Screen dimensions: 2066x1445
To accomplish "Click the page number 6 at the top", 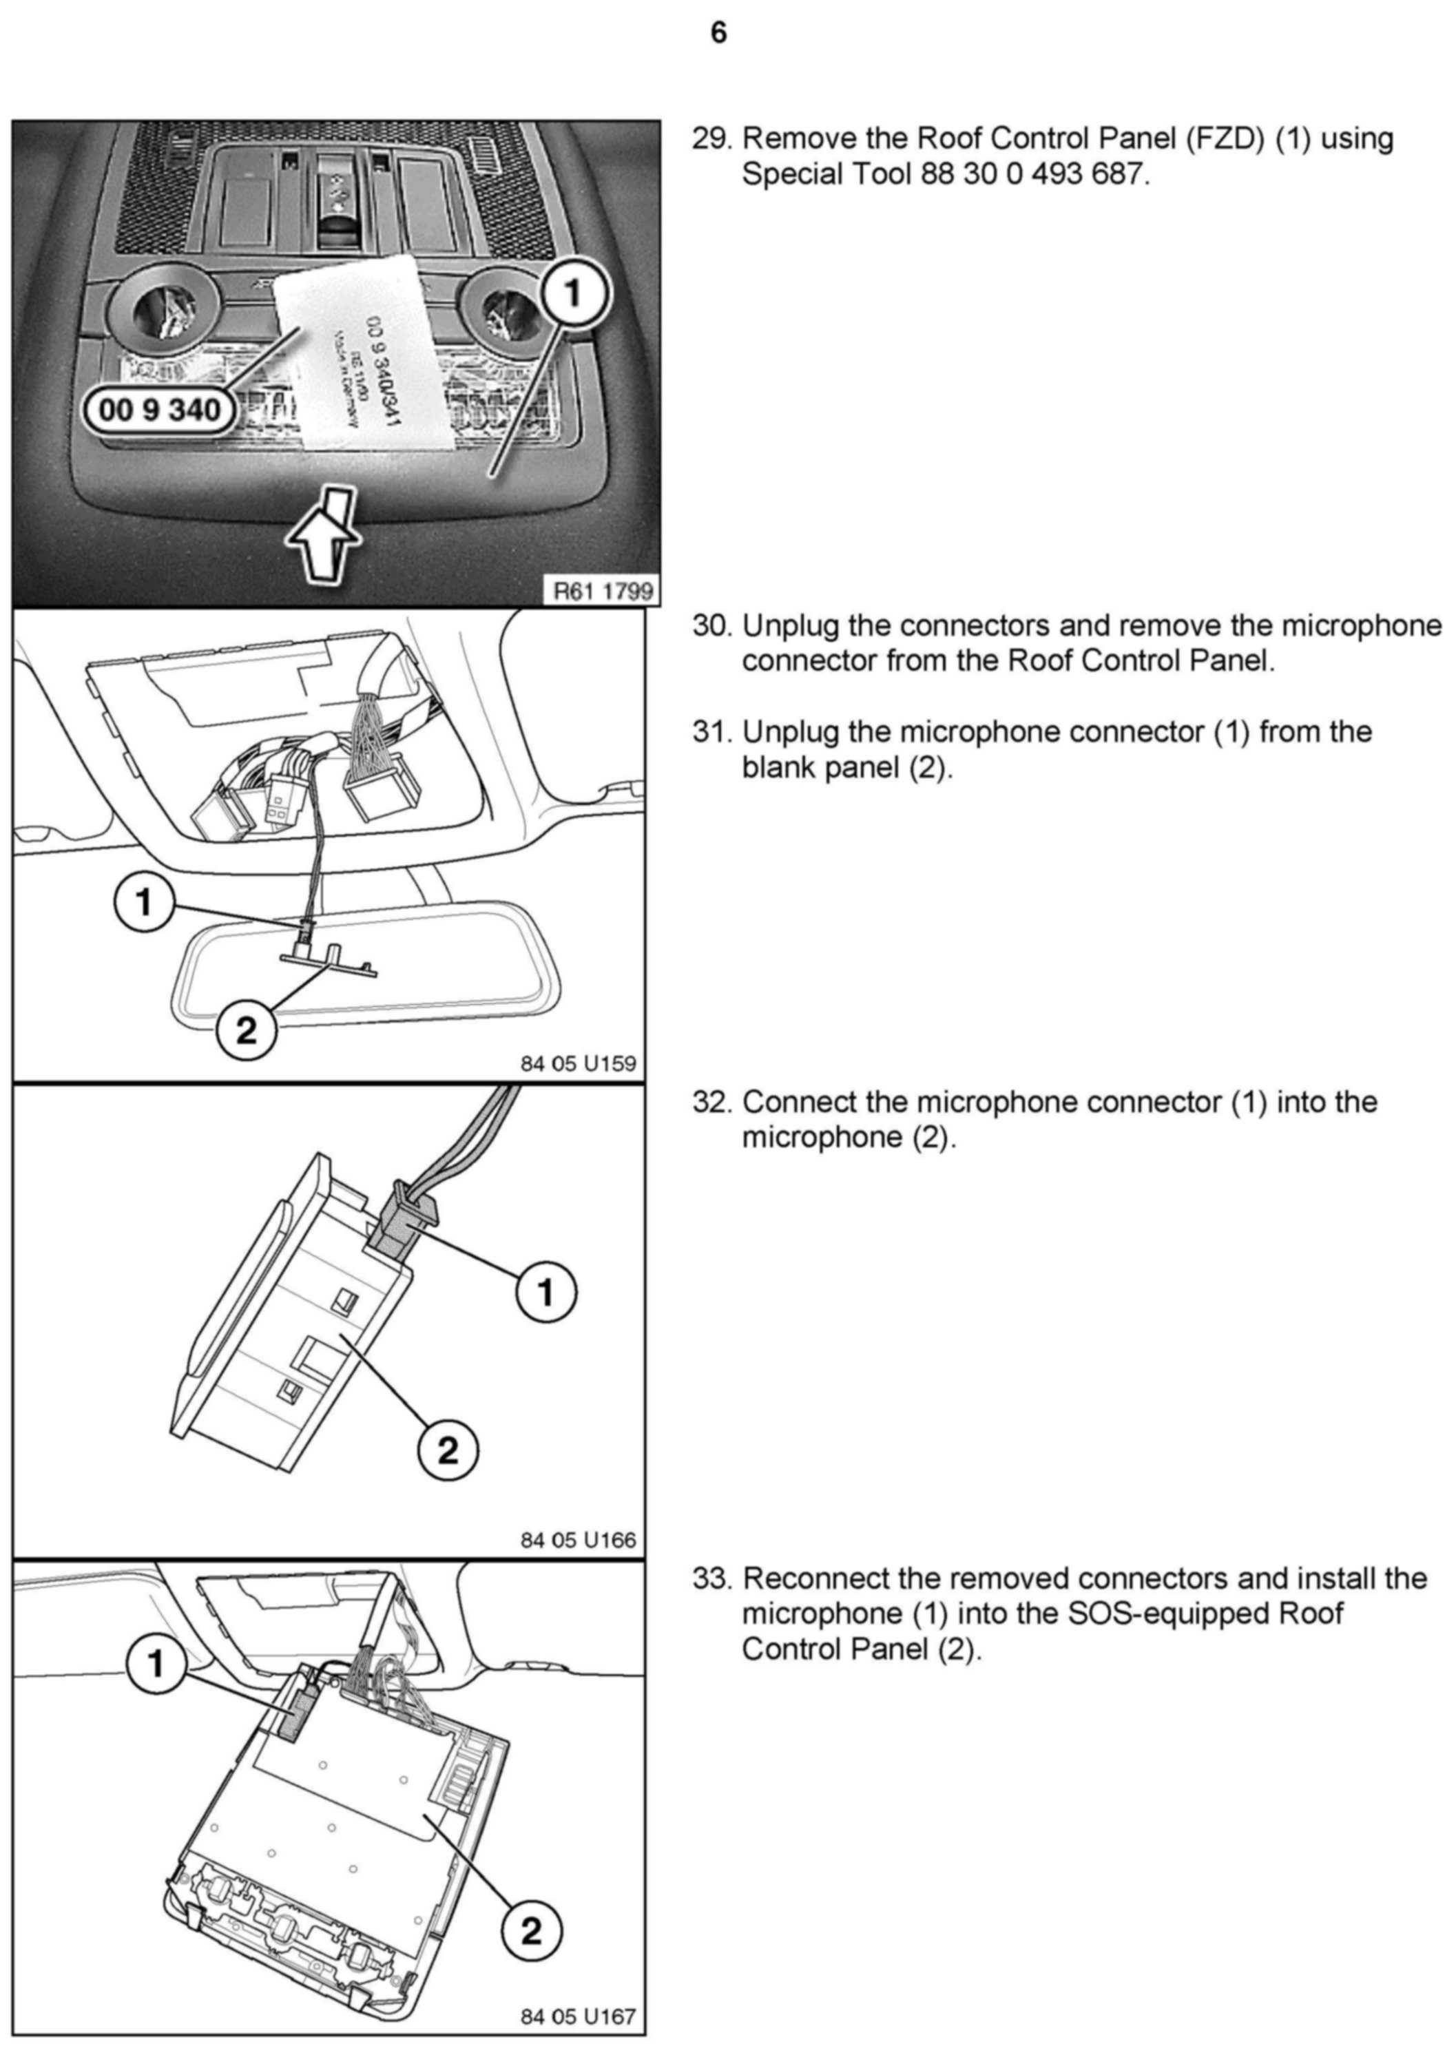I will click(718, 33).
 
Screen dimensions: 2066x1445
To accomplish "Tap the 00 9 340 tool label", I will click(159, 410).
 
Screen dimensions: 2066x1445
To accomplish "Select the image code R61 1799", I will click(601, 591).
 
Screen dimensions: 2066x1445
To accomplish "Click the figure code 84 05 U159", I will click(578, 1063).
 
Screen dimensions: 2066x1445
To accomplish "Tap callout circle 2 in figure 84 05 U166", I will click(447, 1450).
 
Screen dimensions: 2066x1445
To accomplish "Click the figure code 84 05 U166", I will click(578, 1540).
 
